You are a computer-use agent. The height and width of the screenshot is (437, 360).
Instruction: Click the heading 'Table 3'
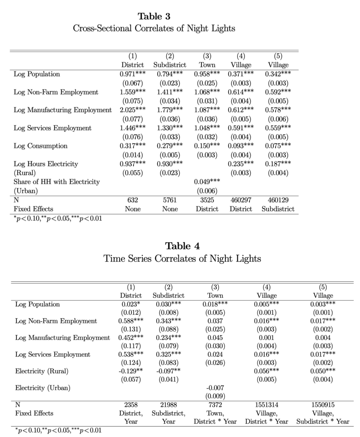point(154,16)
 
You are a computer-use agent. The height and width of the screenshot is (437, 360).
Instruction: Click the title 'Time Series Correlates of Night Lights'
point(182,259)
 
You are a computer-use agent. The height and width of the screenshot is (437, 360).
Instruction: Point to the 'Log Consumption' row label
point(40,146)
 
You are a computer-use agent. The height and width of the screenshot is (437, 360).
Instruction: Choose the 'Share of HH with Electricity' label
point(56,182)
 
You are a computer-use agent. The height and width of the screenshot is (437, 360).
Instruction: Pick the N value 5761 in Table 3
point(170,200)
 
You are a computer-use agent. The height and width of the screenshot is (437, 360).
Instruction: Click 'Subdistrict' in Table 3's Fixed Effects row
point(278,209)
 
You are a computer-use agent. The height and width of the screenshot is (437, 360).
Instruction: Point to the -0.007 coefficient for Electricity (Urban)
point(215,388)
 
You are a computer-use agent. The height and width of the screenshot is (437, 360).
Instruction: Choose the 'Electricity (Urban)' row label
point(43,388)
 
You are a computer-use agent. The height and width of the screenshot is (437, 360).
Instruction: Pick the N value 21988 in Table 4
point(168,405)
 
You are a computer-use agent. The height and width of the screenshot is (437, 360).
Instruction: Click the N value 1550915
point(323,405)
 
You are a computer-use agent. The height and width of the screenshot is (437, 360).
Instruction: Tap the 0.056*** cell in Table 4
point(267,371)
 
